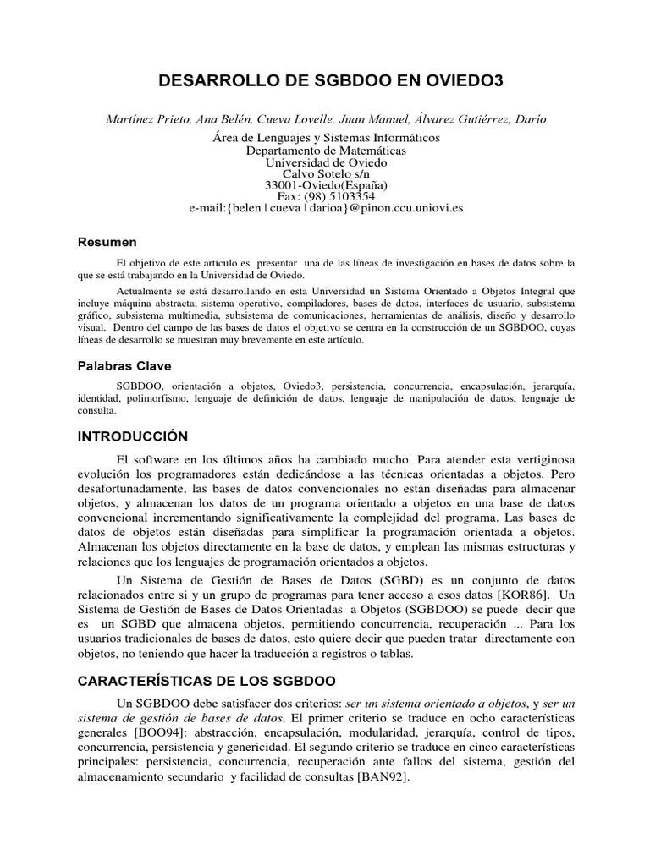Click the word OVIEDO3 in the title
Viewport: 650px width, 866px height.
(x=454, y=81)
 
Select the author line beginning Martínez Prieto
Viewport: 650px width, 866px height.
(x=325, y=119)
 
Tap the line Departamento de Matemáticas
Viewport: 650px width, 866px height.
(x=325, y=151)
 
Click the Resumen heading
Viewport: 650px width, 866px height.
(x=108, y=242)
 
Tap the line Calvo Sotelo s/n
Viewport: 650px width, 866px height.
(x=325, y=173)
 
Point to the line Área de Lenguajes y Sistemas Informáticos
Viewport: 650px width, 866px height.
(x=325, y=138)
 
